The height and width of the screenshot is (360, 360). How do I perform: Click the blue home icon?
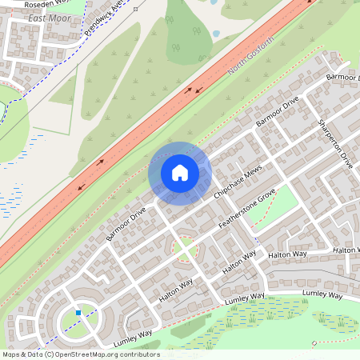180,173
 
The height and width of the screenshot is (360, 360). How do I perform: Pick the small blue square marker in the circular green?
78,312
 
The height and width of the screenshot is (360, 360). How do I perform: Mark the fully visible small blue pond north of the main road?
216,34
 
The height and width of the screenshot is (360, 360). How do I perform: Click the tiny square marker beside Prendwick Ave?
135,10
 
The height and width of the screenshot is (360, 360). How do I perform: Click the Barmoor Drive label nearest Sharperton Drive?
277,112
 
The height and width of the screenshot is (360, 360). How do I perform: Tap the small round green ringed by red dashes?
185,246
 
